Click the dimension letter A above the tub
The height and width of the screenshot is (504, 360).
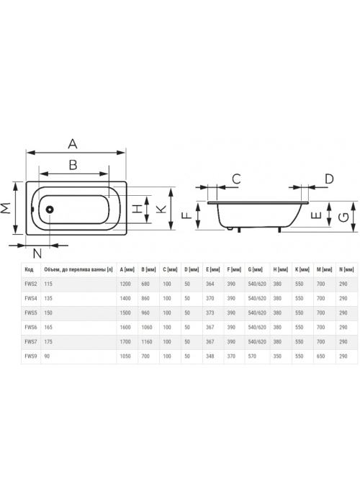coord(73,144)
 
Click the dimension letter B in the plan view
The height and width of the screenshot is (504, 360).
coord(73,165)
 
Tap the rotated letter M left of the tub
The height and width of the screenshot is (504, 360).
coord(6,208)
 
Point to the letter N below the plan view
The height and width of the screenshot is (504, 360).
coord(37,254)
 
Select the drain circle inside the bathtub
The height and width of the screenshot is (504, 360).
coord(50,210)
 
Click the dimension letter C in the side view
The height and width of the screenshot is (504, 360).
coord(237,179)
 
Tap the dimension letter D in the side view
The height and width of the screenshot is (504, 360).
coord(329,179)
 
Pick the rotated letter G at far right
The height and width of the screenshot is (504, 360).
coord(344,217)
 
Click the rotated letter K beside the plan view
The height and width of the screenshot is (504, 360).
coord(161,210)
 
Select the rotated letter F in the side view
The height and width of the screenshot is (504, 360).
coord(186,216)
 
